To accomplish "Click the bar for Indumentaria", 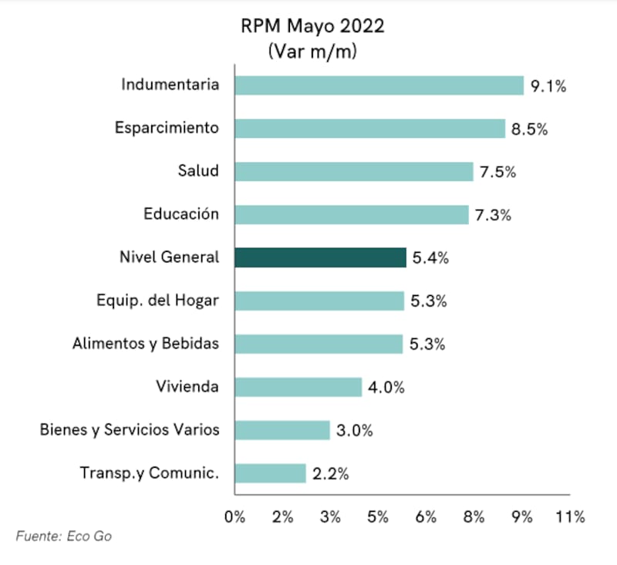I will coord(379,85).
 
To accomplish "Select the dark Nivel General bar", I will coord(320,257).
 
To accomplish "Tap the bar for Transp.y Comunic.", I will coord(270,473).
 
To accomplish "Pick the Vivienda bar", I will coord(298,387).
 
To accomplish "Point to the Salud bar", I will coord(353,171).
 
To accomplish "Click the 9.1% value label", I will coord(548,86).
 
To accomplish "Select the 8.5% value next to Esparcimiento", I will coord(529,129).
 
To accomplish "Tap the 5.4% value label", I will coord(430,258).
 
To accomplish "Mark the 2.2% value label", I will coord(330,474).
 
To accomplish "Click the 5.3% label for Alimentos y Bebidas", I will coord(427,345).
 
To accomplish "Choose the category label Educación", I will coord(181,214).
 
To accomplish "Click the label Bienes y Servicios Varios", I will coord(130,430).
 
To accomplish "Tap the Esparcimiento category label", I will coord(167,128).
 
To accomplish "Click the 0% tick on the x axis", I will coord(234,516).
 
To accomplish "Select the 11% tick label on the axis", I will coord(570,516).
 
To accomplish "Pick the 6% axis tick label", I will coord(427,516).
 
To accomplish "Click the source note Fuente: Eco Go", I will coord(63,536).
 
